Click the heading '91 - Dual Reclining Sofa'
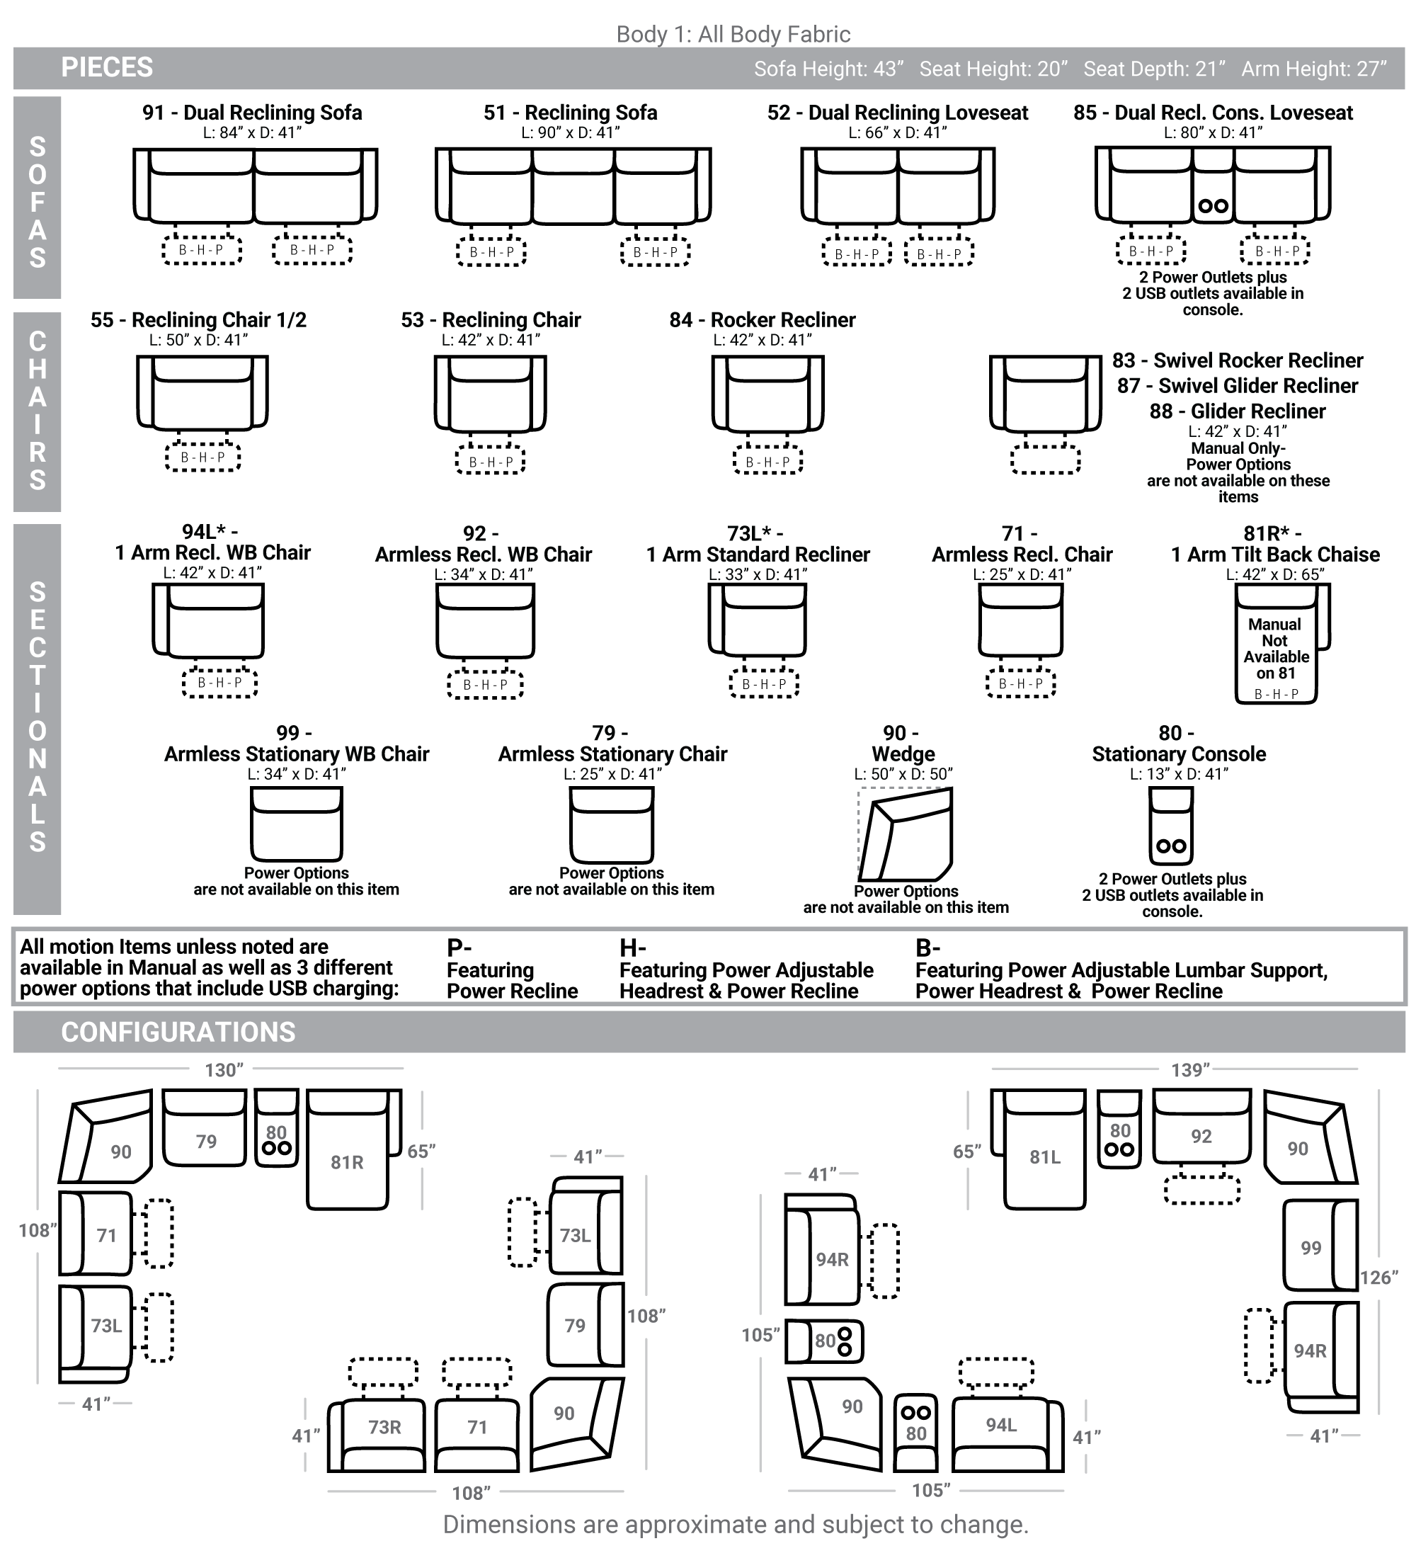252,113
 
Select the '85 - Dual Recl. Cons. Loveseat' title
1213,113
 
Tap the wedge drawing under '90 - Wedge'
905,834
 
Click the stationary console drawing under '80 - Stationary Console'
1171,826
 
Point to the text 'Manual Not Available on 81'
1276,649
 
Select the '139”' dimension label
1190,1070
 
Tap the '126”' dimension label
1379,1278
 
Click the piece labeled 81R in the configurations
354,1149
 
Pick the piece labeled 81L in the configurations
1038,1149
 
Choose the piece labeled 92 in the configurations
1201,1127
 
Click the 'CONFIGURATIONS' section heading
178,1033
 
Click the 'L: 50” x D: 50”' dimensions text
903,774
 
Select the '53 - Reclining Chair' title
491,319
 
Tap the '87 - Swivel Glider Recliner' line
1238,385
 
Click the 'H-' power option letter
633,948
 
